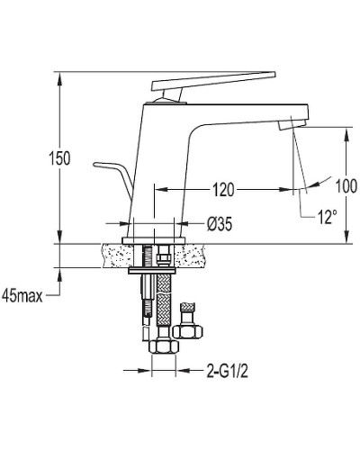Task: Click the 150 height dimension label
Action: point(59,158)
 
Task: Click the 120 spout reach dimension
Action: point(223,190)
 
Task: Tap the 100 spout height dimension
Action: point(346,185)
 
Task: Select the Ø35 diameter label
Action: point(220,223)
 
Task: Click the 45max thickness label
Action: point(22,296)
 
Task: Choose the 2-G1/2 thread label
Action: point(227,372)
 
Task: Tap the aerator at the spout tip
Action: point(292,123)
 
